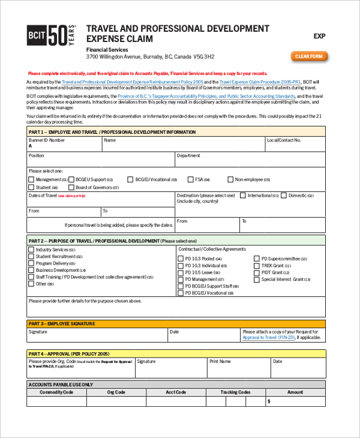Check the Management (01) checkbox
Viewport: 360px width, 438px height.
click(x=31, y=179)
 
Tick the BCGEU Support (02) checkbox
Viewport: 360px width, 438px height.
click(x=71, y=179)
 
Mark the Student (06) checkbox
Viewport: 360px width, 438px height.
click(x=31, y=187)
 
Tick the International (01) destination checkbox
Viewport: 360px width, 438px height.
click(x=243, y=196)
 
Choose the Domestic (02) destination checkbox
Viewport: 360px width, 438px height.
click(x=284, y=196)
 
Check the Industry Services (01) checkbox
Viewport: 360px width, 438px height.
click(x=31, y=249)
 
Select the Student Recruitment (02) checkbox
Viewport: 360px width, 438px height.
click(x=31, y=256)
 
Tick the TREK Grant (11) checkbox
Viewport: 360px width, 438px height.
click(x=257, y=265)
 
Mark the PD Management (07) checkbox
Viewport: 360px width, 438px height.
click(x=181, y=280)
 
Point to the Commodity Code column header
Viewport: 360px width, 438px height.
click(x=56, y=392)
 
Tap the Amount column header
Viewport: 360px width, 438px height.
click(x=295, y=392)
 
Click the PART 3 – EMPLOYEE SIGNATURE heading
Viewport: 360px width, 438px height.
click(x=62, y=323)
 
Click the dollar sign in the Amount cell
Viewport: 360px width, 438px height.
click(x=269, y=401)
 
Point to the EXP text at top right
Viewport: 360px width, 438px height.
click(x=319, y=37)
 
